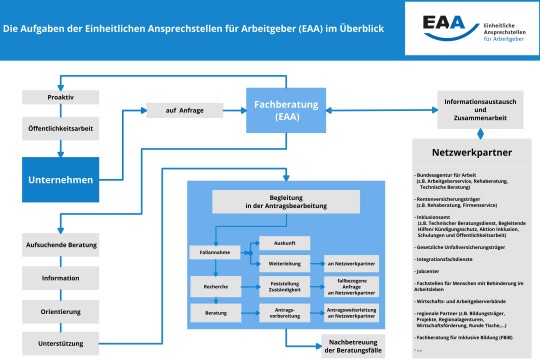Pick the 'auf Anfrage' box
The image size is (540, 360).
177,111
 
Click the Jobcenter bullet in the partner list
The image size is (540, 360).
433,272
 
